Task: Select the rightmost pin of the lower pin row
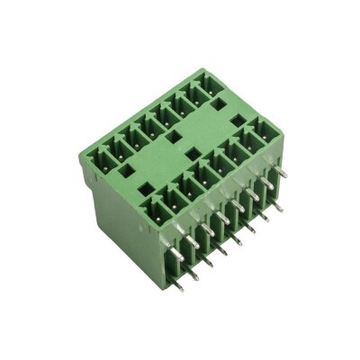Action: (278, 209)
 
